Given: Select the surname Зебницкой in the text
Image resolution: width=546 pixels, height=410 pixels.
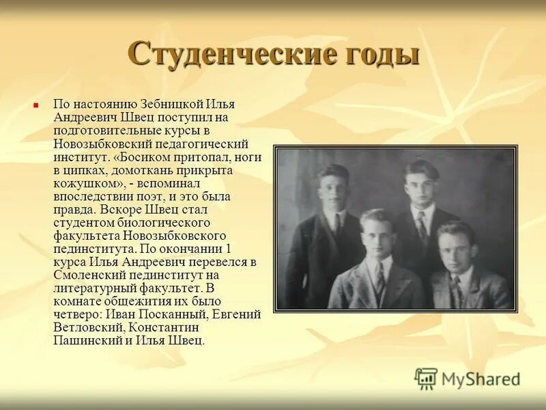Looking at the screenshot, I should point(171,105).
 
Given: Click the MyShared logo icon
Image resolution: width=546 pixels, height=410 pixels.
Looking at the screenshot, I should point(426,379).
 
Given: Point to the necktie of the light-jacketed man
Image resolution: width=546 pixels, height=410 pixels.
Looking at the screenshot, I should point(379,277).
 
